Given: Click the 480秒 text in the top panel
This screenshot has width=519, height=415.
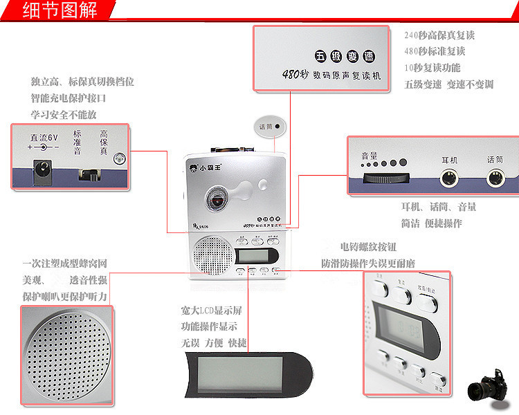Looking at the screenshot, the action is (295, 74).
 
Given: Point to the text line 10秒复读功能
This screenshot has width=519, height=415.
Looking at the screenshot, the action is (432, 68).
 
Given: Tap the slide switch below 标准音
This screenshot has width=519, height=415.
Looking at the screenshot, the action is (87, 174).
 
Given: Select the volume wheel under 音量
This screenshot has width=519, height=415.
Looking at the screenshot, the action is (385, 178).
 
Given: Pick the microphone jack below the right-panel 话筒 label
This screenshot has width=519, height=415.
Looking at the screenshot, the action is (495, 178).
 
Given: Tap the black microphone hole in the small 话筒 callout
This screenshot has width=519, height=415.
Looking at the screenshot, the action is (277, 127).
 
